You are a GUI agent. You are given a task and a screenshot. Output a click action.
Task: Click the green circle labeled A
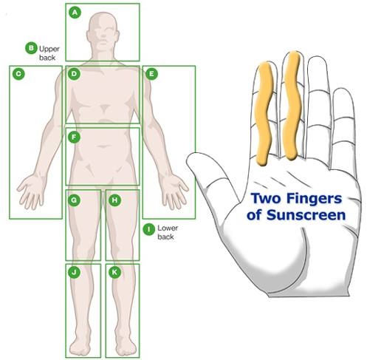75,13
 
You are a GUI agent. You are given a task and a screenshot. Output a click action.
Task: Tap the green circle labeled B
31,48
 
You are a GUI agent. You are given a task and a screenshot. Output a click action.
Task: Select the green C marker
18,74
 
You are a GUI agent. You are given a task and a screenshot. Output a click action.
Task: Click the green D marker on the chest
75,74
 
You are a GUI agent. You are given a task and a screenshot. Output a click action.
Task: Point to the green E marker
151,74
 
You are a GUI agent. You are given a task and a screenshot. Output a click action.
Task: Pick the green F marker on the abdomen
74,137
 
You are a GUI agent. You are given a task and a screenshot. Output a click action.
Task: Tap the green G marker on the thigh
74,200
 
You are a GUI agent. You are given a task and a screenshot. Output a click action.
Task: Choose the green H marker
114,200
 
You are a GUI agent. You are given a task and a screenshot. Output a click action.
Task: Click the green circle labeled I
149,229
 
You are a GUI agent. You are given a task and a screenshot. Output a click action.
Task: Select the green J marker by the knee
74,272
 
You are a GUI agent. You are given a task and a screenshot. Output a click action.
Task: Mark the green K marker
114,272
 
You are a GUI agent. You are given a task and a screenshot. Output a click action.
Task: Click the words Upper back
49,53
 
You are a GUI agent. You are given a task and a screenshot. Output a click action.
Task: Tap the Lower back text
168,232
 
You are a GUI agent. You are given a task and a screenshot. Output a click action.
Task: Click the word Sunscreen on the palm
306,215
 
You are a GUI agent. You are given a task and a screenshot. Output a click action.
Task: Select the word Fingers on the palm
314,199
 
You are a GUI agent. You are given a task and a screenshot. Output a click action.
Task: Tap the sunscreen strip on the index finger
264,113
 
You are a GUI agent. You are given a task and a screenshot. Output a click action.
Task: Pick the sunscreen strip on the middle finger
292,106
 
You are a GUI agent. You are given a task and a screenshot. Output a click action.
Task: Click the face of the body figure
103,35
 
